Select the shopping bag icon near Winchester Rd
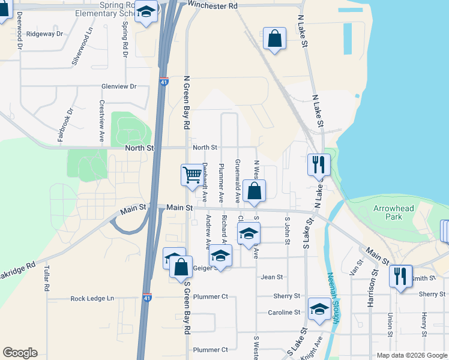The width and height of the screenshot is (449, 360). coord(274,38)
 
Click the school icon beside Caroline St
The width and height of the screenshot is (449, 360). coord(319,310)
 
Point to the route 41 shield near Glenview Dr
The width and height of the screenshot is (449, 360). coord(164,82)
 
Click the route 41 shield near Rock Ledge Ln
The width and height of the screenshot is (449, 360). coord(148,296)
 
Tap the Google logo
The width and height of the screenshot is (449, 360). coord(20,353)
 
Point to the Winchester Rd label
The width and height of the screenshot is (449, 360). coord(212,5)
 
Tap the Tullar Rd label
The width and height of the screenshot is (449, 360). coord(46,279)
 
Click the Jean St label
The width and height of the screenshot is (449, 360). coord(272,277)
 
